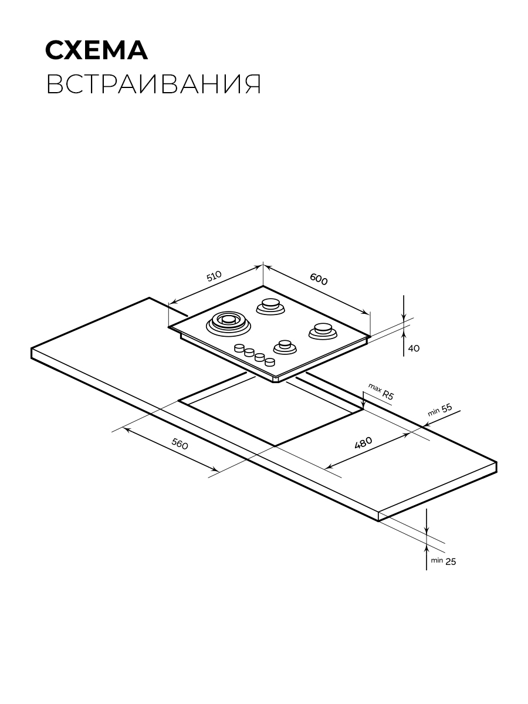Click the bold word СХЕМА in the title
point(96,50)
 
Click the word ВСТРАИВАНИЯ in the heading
point(154,84)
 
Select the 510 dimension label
point(214,276)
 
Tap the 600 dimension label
point(319,279)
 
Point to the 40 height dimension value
point(414,348)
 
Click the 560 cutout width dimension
point(180,444)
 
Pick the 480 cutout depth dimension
point(364,442)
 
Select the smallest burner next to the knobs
point(285,347)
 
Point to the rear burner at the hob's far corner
point(271,306)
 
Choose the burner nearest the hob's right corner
point(323,331)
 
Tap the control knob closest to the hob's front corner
point(270,362)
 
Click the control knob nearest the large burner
point(239,348)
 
